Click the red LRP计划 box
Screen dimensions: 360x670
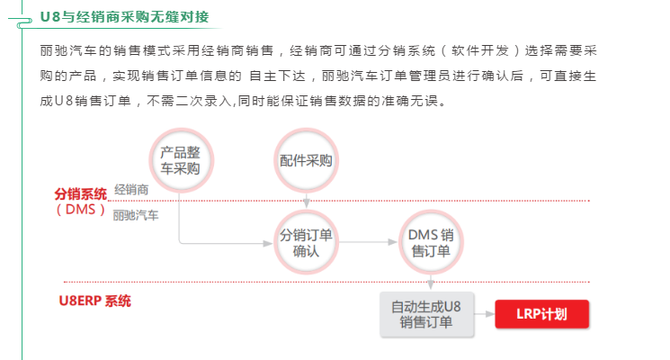(541, 313)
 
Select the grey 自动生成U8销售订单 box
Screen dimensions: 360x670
(425, 314)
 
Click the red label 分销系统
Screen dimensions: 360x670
(80, 193)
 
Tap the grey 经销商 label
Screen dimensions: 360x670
(131, 190)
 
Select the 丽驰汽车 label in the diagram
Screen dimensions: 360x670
(135, 216)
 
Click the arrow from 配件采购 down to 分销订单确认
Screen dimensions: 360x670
(307, 201)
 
